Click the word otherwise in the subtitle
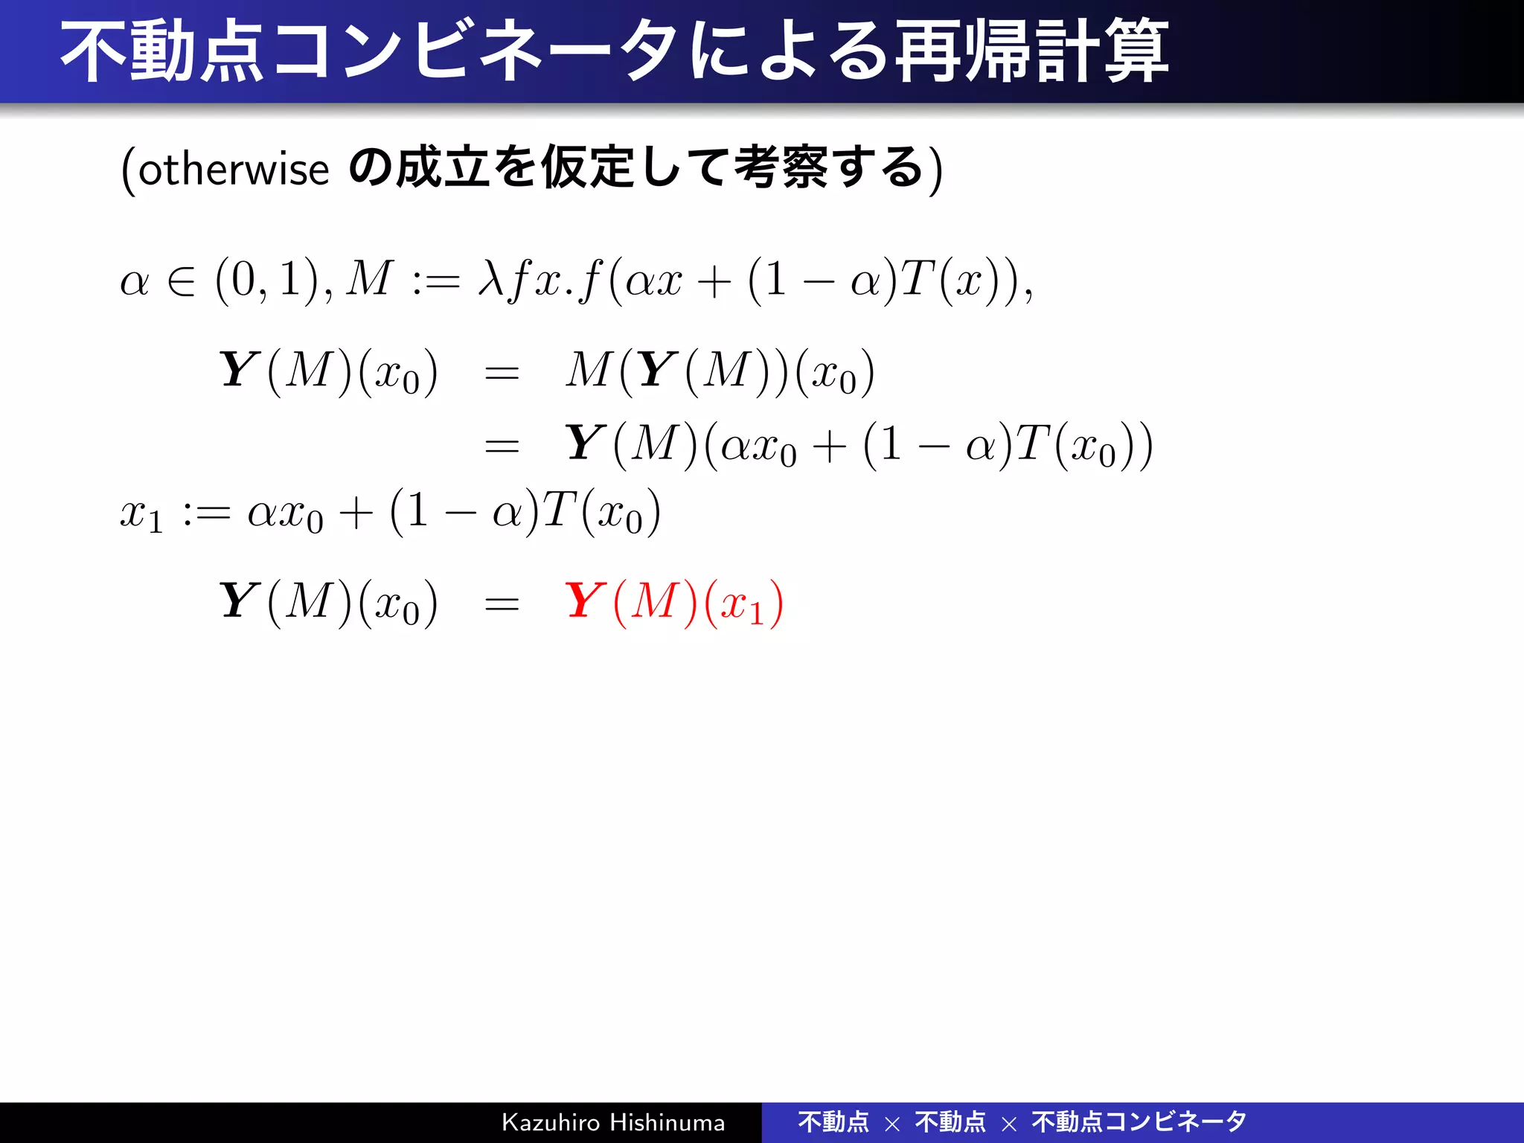pos(233,170)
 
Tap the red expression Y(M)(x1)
pos(673,603)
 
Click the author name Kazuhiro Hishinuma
pos(613,1122)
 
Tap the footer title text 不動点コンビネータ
pos(1139,1121)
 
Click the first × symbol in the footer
pos(892,1124)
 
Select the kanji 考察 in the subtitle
pos(780,168)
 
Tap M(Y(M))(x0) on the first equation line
pos(719,371)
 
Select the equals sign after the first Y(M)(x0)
pos(502,373)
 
